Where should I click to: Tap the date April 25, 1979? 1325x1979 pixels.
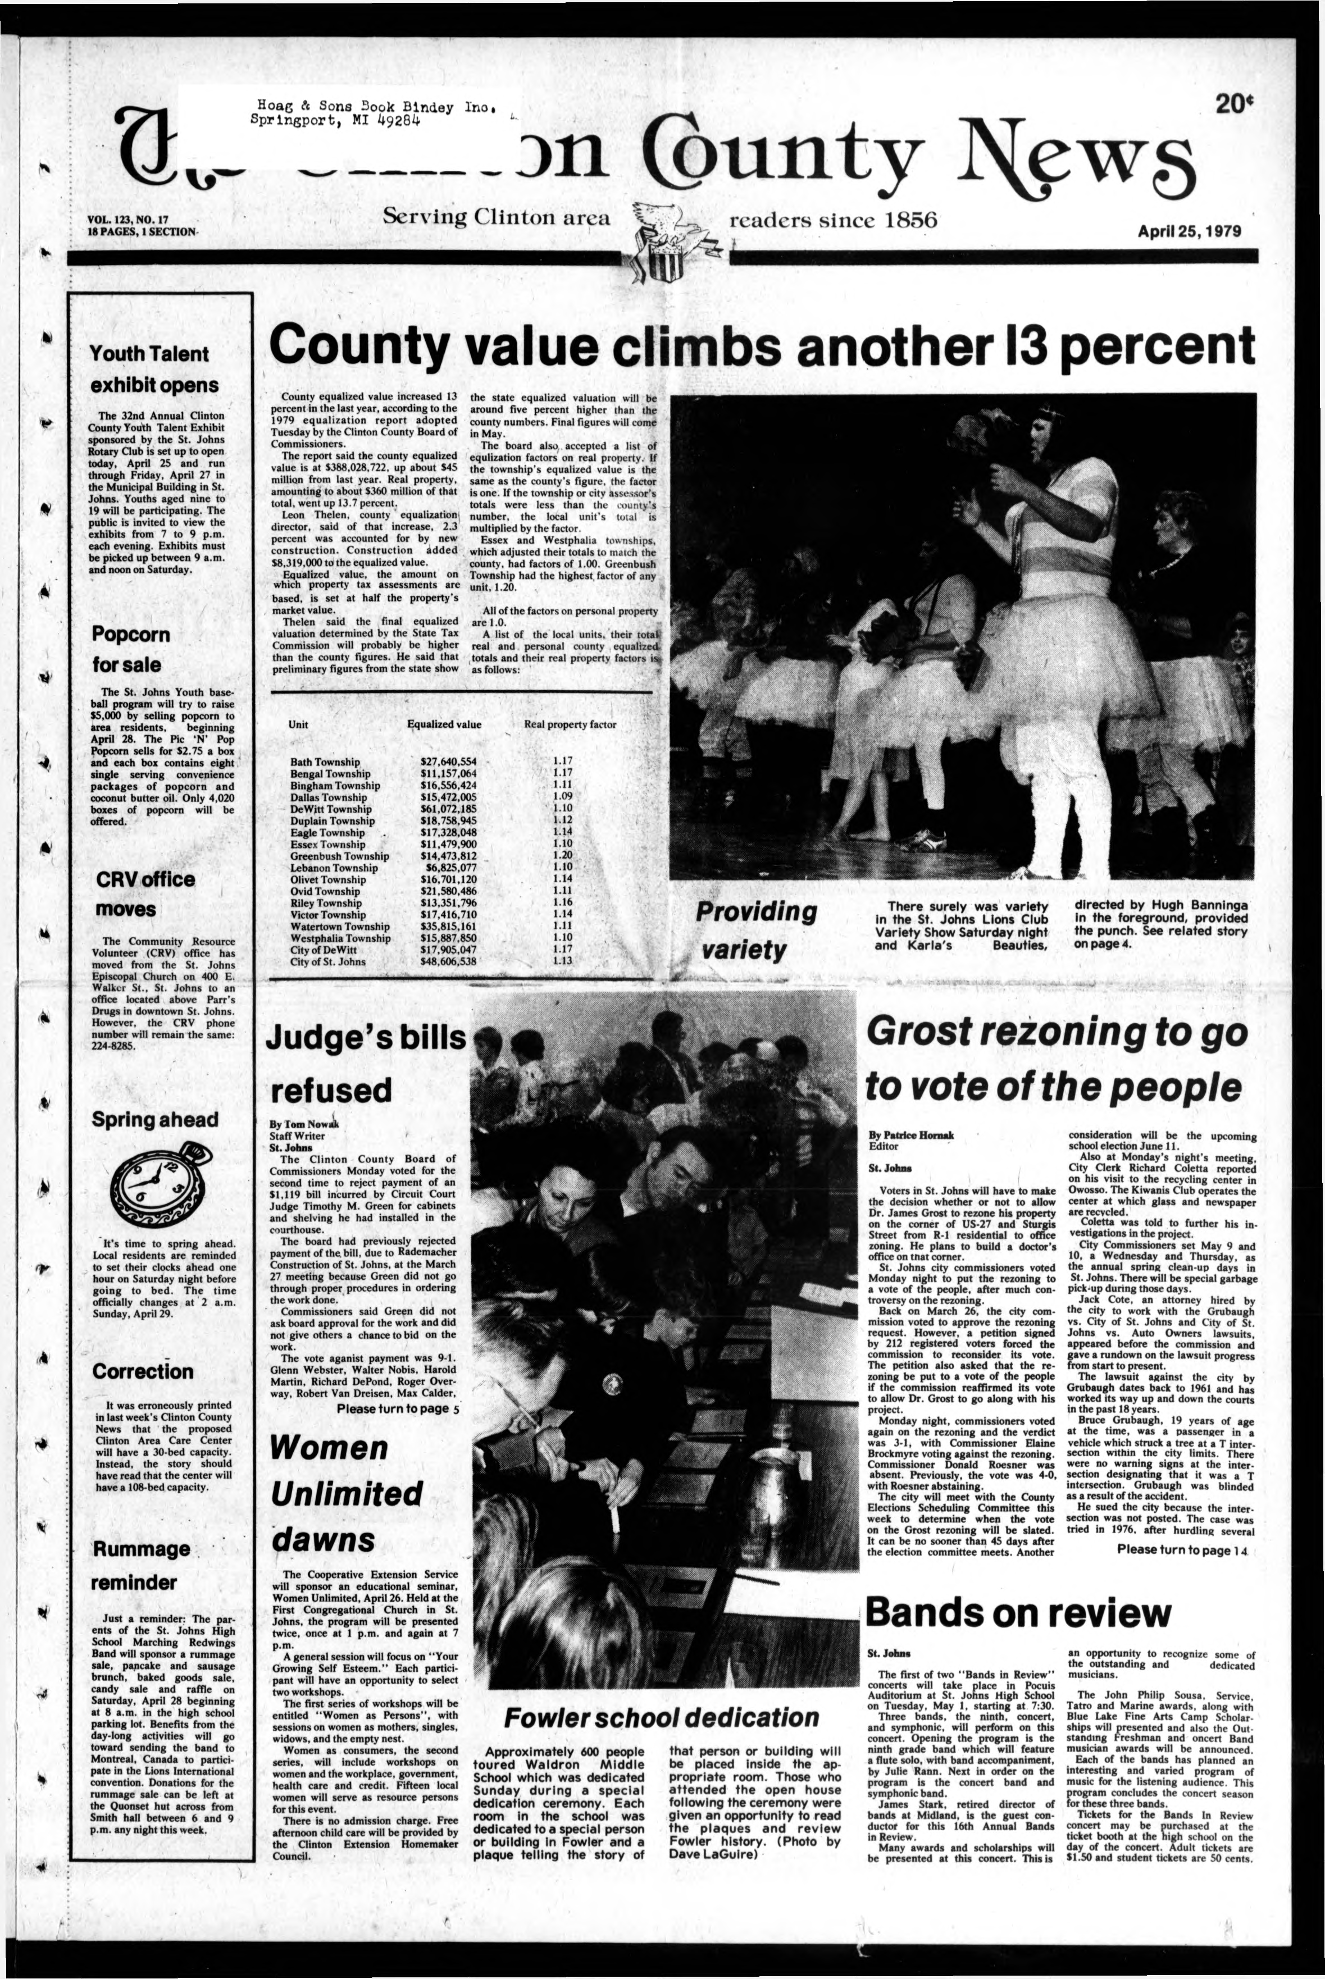click(1189, 231)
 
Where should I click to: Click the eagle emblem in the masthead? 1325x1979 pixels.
click(670, 241)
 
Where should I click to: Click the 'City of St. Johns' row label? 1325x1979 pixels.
click(328, 961)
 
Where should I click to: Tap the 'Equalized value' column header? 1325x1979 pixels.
click(444, 724)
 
